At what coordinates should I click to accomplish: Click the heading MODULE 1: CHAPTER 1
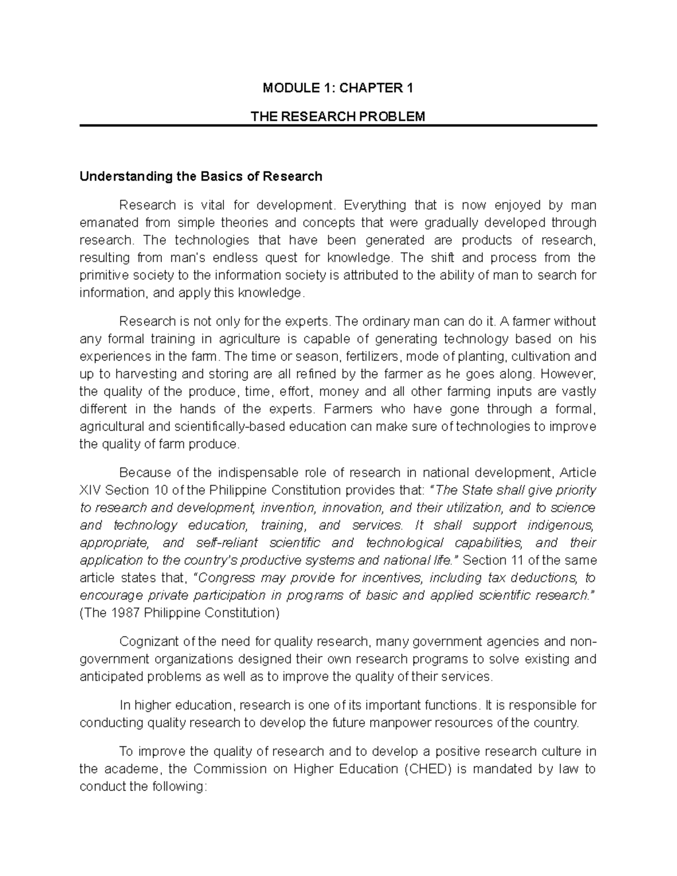point(338,88)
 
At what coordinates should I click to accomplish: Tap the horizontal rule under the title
point(338,126)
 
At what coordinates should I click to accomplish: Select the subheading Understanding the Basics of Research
point(201,177)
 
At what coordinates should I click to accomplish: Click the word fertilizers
point(370,356)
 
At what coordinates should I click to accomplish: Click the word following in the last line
point(178,786)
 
